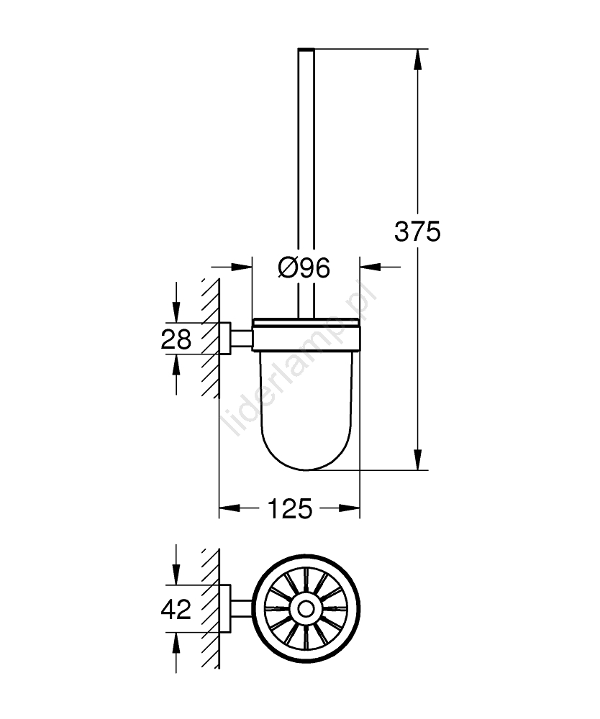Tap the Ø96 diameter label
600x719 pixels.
pos(304,267)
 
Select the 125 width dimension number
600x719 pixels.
pos(289,508)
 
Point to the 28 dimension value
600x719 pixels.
pos(176,339)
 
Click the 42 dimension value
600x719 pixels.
pos(176,610)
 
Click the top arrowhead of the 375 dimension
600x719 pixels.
pos(417,59)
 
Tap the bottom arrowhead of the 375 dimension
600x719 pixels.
pos(417,459)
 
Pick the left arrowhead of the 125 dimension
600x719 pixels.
pos(229,508)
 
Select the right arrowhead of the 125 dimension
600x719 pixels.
pos(349,508)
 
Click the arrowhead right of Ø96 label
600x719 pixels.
pos(371,267)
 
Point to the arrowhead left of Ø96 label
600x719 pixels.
pos(242,267)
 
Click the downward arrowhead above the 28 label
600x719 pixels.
pos(176,312)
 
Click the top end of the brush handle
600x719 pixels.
pos(306,49)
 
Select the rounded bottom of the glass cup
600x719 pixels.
pos(306,459)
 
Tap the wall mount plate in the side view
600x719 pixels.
pos(224,339)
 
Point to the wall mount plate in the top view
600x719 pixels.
pos(224,609)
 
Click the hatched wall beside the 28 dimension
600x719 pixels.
pos(210,339)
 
